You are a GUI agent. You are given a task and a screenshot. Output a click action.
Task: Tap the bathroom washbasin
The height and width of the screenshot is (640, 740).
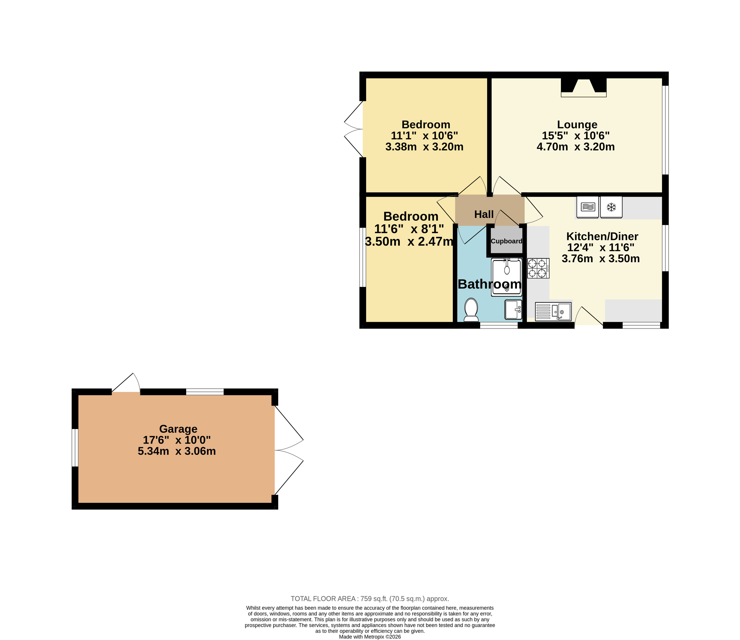[513, 309]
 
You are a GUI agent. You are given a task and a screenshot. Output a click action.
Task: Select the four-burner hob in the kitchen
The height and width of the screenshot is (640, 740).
[538, 268]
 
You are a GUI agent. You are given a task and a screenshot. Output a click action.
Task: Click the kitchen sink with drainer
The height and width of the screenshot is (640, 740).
[553, 311]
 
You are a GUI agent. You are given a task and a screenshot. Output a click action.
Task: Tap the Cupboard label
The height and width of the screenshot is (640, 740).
[506, 241]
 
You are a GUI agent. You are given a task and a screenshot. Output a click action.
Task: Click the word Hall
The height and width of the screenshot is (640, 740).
[484, 214]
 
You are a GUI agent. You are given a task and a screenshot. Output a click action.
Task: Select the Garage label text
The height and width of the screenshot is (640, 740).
[178, 429]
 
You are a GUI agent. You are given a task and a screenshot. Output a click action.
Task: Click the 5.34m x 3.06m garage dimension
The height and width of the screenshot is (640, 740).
[177, 451]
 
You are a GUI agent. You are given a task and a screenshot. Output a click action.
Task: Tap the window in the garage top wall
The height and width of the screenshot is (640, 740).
[205, 392]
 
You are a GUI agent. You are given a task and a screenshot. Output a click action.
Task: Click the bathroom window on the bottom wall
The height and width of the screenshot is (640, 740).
[499, 325]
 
